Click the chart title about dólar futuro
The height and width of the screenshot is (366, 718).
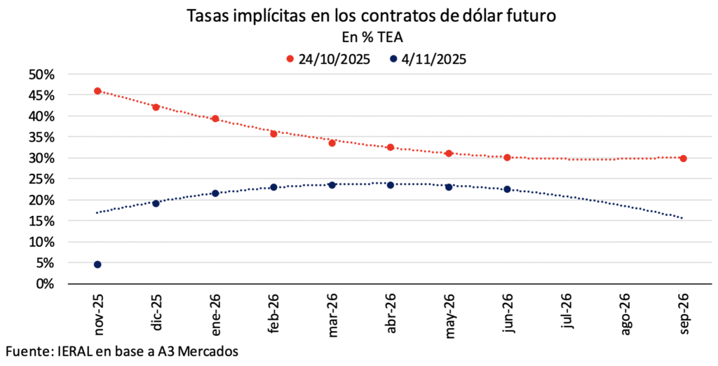(x=372, y=16)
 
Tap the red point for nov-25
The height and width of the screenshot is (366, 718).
(x=97, y=91)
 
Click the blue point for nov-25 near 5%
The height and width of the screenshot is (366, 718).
(x=97, y=264)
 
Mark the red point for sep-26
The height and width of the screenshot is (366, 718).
(x=683, y=158)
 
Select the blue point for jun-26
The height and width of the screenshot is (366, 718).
(x=507, y=189)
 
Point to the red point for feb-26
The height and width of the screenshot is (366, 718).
(x=273, y=133)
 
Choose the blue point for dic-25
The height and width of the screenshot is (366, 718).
(x=156, y=203)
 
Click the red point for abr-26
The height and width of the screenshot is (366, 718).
(x=391, y=147)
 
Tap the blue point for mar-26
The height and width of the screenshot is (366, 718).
(x=332, y=185)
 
